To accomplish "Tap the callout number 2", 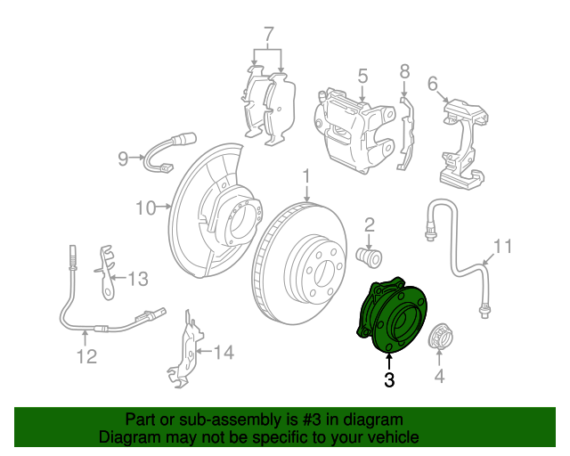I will [369, 225].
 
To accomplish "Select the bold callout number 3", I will [388, 380].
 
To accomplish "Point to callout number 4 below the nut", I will [438, 378].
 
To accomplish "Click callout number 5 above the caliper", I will [362, 77].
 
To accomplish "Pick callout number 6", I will [433, 84].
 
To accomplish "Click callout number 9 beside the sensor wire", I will [124, 159].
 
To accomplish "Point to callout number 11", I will [503, 245].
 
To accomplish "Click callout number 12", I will [85, 358].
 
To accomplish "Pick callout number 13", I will [136, 280].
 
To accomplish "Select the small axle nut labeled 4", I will [439, 338].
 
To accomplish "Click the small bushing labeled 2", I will [369, 256].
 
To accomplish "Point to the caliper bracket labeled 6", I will [462, 142].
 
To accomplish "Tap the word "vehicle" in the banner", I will [393, 437].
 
